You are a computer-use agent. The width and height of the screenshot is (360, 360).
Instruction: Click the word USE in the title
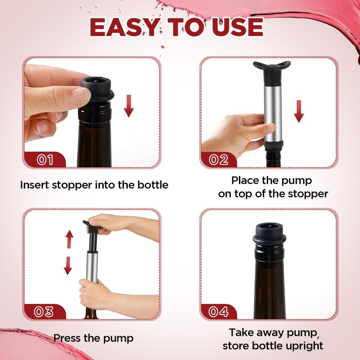pos(238,27)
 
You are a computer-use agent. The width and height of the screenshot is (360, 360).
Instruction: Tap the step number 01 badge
pos(45,160)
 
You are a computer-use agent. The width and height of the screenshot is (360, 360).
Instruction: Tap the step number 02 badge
pos(219,160)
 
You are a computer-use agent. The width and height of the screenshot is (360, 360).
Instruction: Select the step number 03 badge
pos(44,312)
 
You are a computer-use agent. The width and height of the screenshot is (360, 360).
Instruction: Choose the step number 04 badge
pos(218,312)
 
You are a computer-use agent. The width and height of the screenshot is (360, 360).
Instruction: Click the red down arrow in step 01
pos(129,106)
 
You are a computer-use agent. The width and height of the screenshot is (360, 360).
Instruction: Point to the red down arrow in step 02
pos(299,112)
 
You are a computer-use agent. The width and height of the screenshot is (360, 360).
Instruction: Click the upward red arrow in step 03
pos(69,239)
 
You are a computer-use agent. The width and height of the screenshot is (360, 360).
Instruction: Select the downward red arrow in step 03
pos(68,266)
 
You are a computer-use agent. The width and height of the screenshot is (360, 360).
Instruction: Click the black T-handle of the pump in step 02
pos(272,68)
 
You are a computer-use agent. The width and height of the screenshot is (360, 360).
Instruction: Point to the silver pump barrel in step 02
pos(273,113)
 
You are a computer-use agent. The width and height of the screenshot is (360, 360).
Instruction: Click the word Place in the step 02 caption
pos(245,180)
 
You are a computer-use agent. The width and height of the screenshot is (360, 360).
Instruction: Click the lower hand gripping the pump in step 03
pos(94,293)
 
